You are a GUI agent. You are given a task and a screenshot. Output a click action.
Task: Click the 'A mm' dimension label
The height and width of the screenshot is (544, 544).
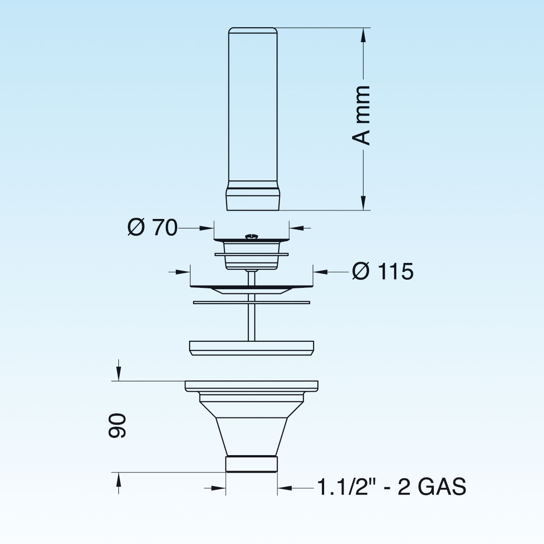point(361,116)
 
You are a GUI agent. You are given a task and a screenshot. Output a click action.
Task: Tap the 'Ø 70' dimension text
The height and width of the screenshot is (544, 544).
point(152,228)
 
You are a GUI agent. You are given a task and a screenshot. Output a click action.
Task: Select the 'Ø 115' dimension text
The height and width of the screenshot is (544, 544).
point(383,272)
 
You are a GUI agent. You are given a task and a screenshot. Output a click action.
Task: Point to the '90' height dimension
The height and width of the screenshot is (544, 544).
point(117,426)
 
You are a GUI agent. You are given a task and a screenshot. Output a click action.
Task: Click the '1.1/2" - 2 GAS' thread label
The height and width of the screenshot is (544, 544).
point(392,487)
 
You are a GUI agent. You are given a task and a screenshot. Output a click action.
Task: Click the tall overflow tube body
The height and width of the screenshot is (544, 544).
point(253,107)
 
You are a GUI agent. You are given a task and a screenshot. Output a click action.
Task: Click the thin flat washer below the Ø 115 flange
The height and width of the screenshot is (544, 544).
point(252,303)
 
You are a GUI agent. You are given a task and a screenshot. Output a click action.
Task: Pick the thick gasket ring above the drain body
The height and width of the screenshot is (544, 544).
point(252,348)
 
